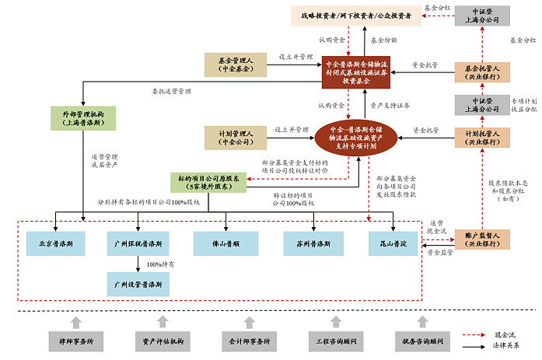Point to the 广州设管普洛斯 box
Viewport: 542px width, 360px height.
[137, 285]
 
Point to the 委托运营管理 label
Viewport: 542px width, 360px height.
[172, 91]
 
